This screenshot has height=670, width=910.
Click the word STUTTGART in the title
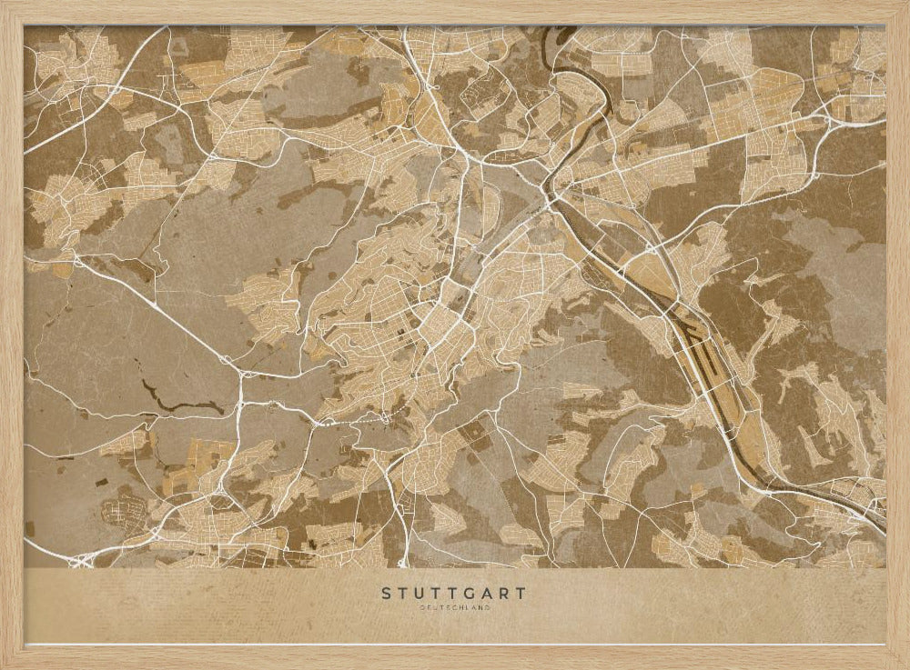pos(453,594)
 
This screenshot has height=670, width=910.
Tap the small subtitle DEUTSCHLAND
pos(453,607)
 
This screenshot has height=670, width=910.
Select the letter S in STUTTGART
pos(386,594)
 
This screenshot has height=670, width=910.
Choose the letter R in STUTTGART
pos(504,594)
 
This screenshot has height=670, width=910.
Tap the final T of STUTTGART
pos(521,594)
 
